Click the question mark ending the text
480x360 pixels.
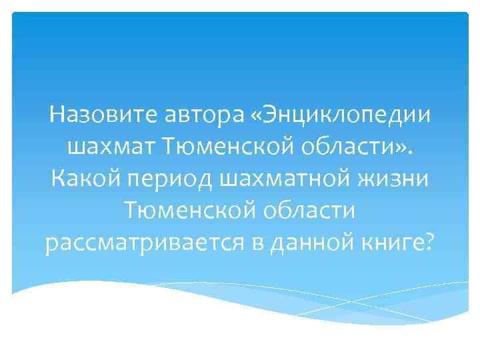point(428,243)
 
